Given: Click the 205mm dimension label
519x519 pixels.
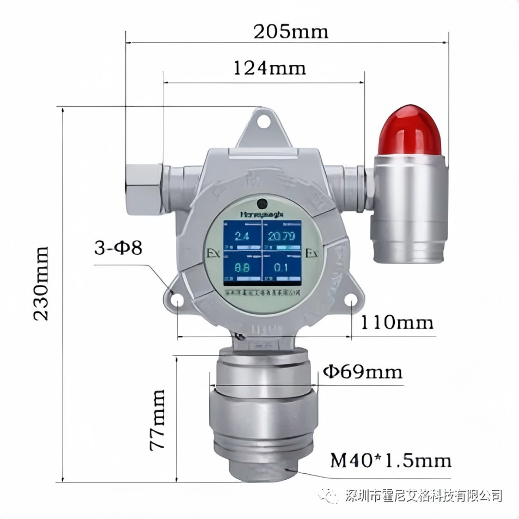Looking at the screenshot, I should [x=291, y=32].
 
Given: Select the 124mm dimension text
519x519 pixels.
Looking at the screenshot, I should [x=270, y=68].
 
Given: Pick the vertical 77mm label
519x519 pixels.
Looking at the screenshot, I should [x=157, y=419].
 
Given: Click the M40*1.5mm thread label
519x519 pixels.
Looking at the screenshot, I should [x=391, y=461].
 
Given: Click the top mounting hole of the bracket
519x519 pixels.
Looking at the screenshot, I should [x=264, y=123].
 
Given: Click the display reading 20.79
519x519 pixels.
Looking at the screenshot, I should [x=283, y=236].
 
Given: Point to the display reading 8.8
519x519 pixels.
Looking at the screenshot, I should [x=242, y=268].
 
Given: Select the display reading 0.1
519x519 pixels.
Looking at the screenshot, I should [x=282, y=268].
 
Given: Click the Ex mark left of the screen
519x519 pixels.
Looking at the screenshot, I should [x=213, y=254].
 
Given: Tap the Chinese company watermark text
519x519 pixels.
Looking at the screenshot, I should [x=423, y=495].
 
